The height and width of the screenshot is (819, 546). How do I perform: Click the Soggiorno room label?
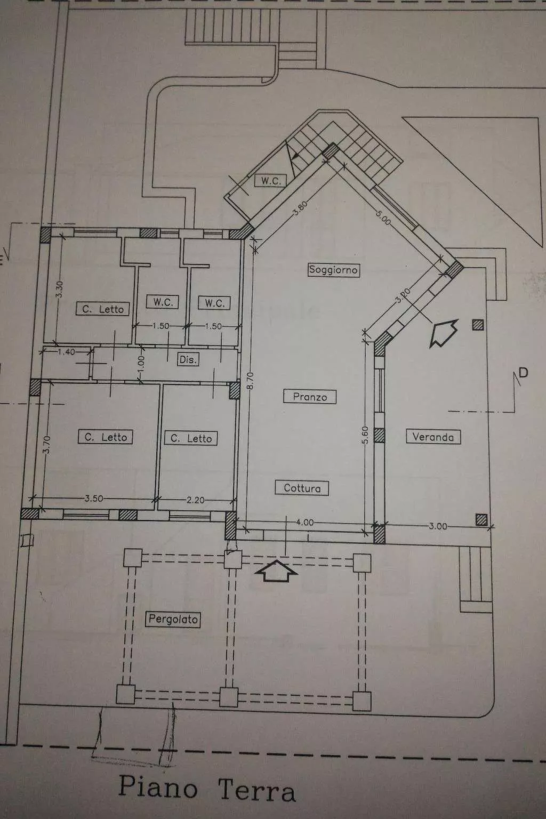point(333,269)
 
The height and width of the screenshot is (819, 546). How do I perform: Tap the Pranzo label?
point(310,397)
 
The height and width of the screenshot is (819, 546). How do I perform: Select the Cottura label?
point(302,488)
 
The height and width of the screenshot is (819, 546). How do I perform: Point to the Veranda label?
point(433,437)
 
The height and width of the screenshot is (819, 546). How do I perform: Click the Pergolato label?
point(173,620)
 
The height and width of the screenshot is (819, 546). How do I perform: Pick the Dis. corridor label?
point(188,360)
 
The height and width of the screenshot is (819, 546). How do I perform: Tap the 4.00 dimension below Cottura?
point(304,523)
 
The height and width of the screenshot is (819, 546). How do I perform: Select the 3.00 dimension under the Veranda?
point(438,526)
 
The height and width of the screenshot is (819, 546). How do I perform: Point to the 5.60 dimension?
point(365,435)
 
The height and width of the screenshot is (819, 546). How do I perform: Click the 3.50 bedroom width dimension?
point(94,499)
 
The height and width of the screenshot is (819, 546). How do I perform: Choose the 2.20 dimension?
point(196,500)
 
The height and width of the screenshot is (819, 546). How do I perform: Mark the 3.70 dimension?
point(46,445)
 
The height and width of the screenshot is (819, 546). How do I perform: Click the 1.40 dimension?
point(66,352)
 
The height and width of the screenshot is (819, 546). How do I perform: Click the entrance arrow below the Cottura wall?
point(277,571)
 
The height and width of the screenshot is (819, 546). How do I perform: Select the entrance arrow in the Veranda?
point(444,332)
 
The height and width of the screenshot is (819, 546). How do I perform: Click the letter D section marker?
point(524,373)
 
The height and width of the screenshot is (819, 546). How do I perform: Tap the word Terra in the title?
point(256,791)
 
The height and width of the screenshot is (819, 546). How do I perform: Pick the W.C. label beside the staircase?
point(271,181)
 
